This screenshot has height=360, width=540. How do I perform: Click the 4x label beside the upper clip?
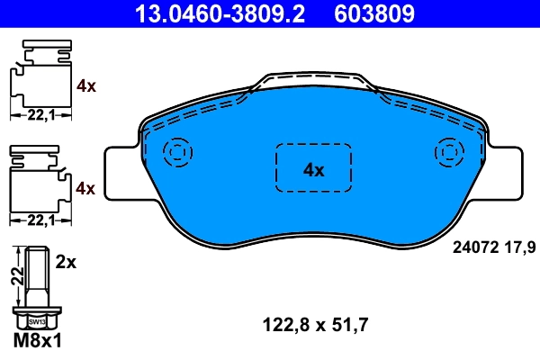click(86, 86)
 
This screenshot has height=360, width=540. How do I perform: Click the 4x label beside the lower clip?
click(86, 188)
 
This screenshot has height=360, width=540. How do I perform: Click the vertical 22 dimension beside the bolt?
click(16, 275)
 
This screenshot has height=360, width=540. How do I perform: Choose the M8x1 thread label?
click(38, 341)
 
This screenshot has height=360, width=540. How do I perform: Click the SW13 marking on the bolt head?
click(37, 319)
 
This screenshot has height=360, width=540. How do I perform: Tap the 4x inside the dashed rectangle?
click(312, 169)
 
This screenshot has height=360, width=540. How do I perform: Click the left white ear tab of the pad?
click(121, 173)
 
